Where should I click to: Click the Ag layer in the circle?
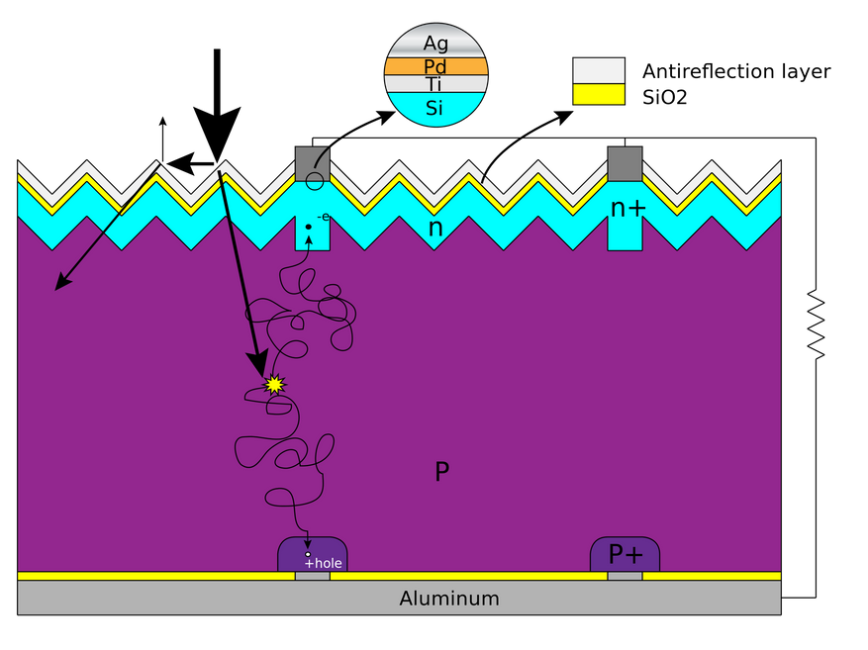435,44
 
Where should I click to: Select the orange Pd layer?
435,66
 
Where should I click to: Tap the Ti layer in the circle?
435,84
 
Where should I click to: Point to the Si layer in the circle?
435,108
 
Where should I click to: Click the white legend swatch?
599,70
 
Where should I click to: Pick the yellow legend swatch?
599,94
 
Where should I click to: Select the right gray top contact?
625,163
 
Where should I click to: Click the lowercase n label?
434,229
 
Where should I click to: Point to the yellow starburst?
274,385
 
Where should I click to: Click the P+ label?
625,555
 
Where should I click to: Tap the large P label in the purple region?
441,471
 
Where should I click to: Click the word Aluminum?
449,599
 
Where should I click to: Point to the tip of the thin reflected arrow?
56,289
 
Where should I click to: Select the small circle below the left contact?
314,181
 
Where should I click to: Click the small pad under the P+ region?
625,576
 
